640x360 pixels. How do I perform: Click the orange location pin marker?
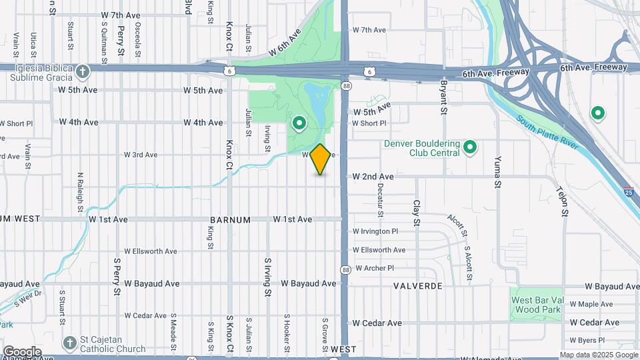pos(321,159)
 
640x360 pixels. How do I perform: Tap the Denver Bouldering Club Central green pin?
pos(470,147)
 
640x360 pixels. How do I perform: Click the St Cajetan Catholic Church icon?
pos(69,343)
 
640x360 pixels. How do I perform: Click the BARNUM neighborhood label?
pos(230,219)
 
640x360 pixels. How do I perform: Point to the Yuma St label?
pos(497,173)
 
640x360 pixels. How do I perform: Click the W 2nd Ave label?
pos(373,177)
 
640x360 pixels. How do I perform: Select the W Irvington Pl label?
pos(375,231)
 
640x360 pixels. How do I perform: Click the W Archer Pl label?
pos(375,268)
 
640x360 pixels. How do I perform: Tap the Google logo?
pos(22,351)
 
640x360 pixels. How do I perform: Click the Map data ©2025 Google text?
pos(598,355)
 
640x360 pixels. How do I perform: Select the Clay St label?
pos(417,212)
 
